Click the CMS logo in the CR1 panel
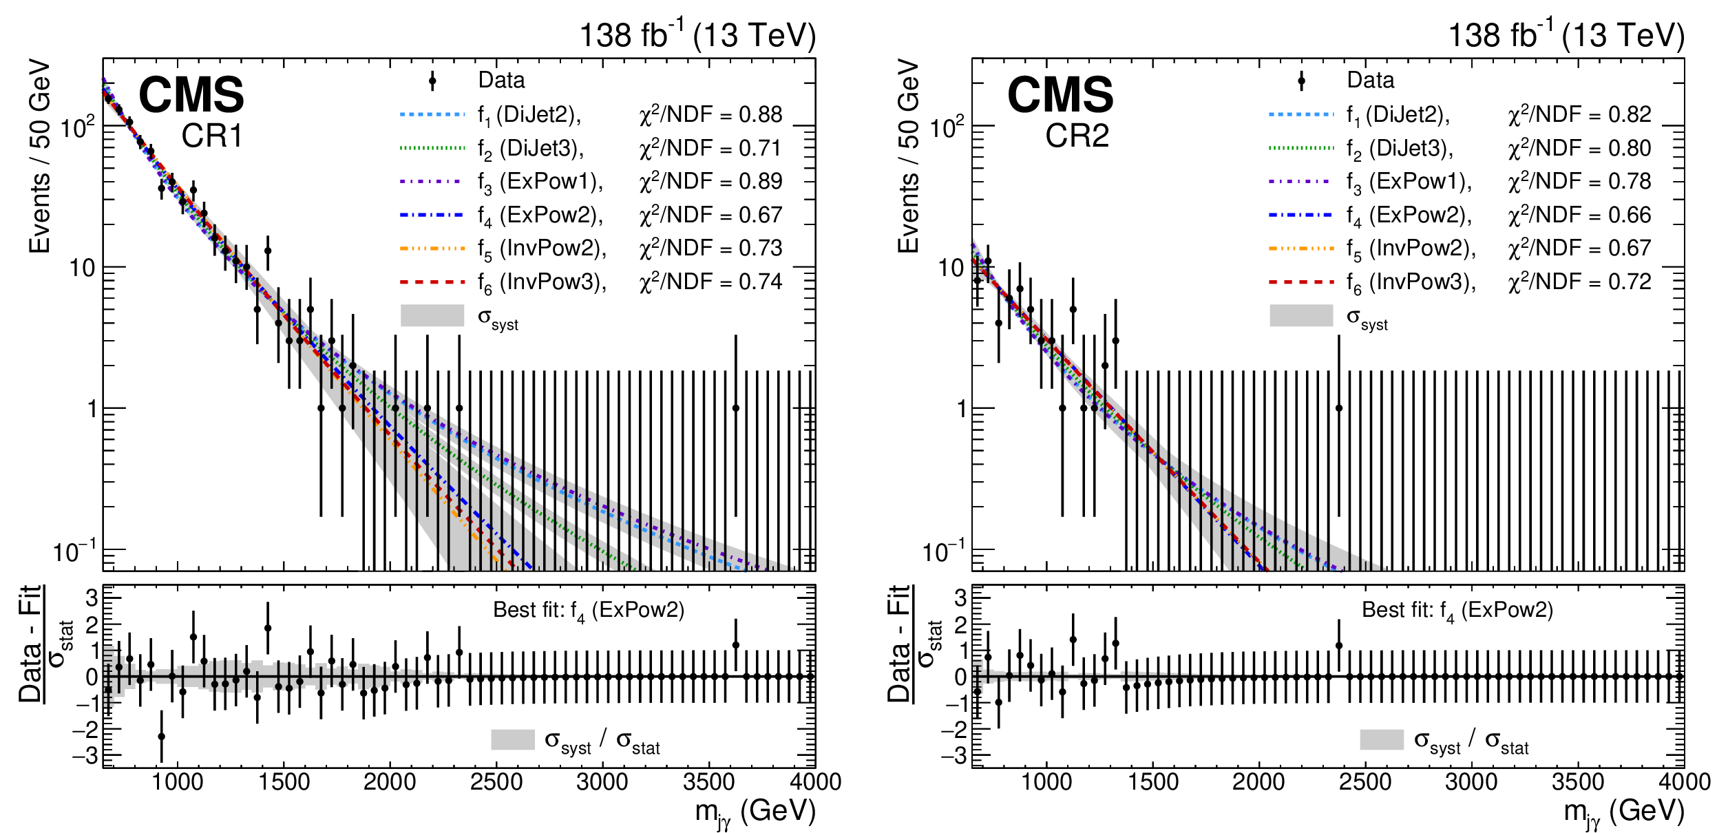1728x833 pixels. (191, 95)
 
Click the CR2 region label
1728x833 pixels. (1077, 136)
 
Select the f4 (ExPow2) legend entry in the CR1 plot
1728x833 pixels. (540, 215)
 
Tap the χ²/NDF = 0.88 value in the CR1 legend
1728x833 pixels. (710, 114)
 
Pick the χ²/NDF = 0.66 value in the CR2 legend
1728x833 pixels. (1579, 215)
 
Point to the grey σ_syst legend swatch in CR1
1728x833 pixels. (432, 315)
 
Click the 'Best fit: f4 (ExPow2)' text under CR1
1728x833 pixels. (589, 611)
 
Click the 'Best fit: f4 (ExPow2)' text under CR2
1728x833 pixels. (1457, 611)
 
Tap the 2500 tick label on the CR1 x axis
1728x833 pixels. (496, 783)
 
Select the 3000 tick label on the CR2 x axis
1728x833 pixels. (1471, 783)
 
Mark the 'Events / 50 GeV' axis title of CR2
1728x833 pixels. (909, 156)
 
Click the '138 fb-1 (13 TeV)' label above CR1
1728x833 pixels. (697, 35)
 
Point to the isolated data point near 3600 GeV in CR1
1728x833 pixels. (735, 408)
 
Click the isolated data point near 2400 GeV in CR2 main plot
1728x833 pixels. (1339, 408)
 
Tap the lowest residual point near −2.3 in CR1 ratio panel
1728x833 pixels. (161, 737)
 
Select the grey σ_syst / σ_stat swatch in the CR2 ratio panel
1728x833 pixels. (1381, 740)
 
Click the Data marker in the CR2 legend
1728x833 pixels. (1301, 81)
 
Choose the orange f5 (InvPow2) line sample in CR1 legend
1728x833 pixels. (432, 249)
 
